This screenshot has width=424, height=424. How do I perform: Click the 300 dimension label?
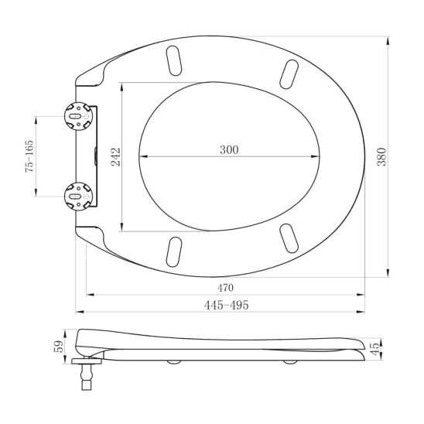(229, 149)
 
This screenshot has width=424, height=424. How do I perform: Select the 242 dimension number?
(116, 157)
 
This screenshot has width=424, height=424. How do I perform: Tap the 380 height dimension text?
(381, 157)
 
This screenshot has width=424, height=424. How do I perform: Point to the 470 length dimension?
(225, 288)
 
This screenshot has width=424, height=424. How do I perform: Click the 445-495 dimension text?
(227, 305)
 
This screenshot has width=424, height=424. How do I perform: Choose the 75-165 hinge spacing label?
(29, 156)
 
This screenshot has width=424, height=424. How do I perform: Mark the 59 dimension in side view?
(59, 346)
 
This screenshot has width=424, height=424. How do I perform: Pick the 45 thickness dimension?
(374, 349)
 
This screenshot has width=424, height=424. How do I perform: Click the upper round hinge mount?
(78, 116)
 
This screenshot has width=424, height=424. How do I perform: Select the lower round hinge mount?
(78, 197)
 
